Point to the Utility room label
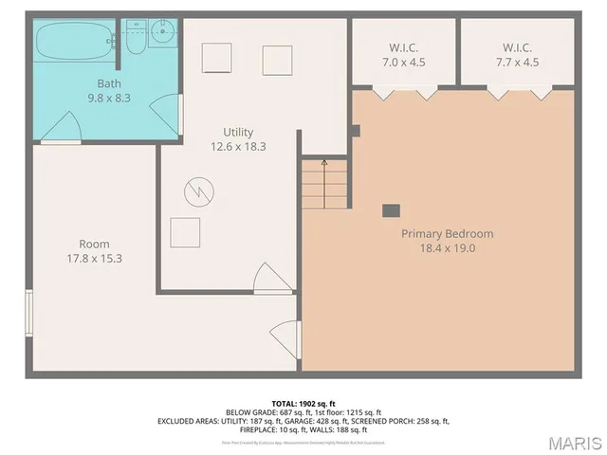(x=238, y=132)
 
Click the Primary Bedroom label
(x=447, y=233)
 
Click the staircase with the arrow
(x=324, y=184)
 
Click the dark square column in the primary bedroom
(x=390, y=210)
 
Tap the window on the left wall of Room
(x=29, y=314)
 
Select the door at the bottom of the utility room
(x=273, y=281)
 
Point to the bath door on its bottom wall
(x=62, y=128)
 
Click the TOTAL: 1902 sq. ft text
(x=303, y=402)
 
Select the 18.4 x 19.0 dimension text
(x=447, y=248)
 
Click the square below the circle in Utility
(x=185, y=231)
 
